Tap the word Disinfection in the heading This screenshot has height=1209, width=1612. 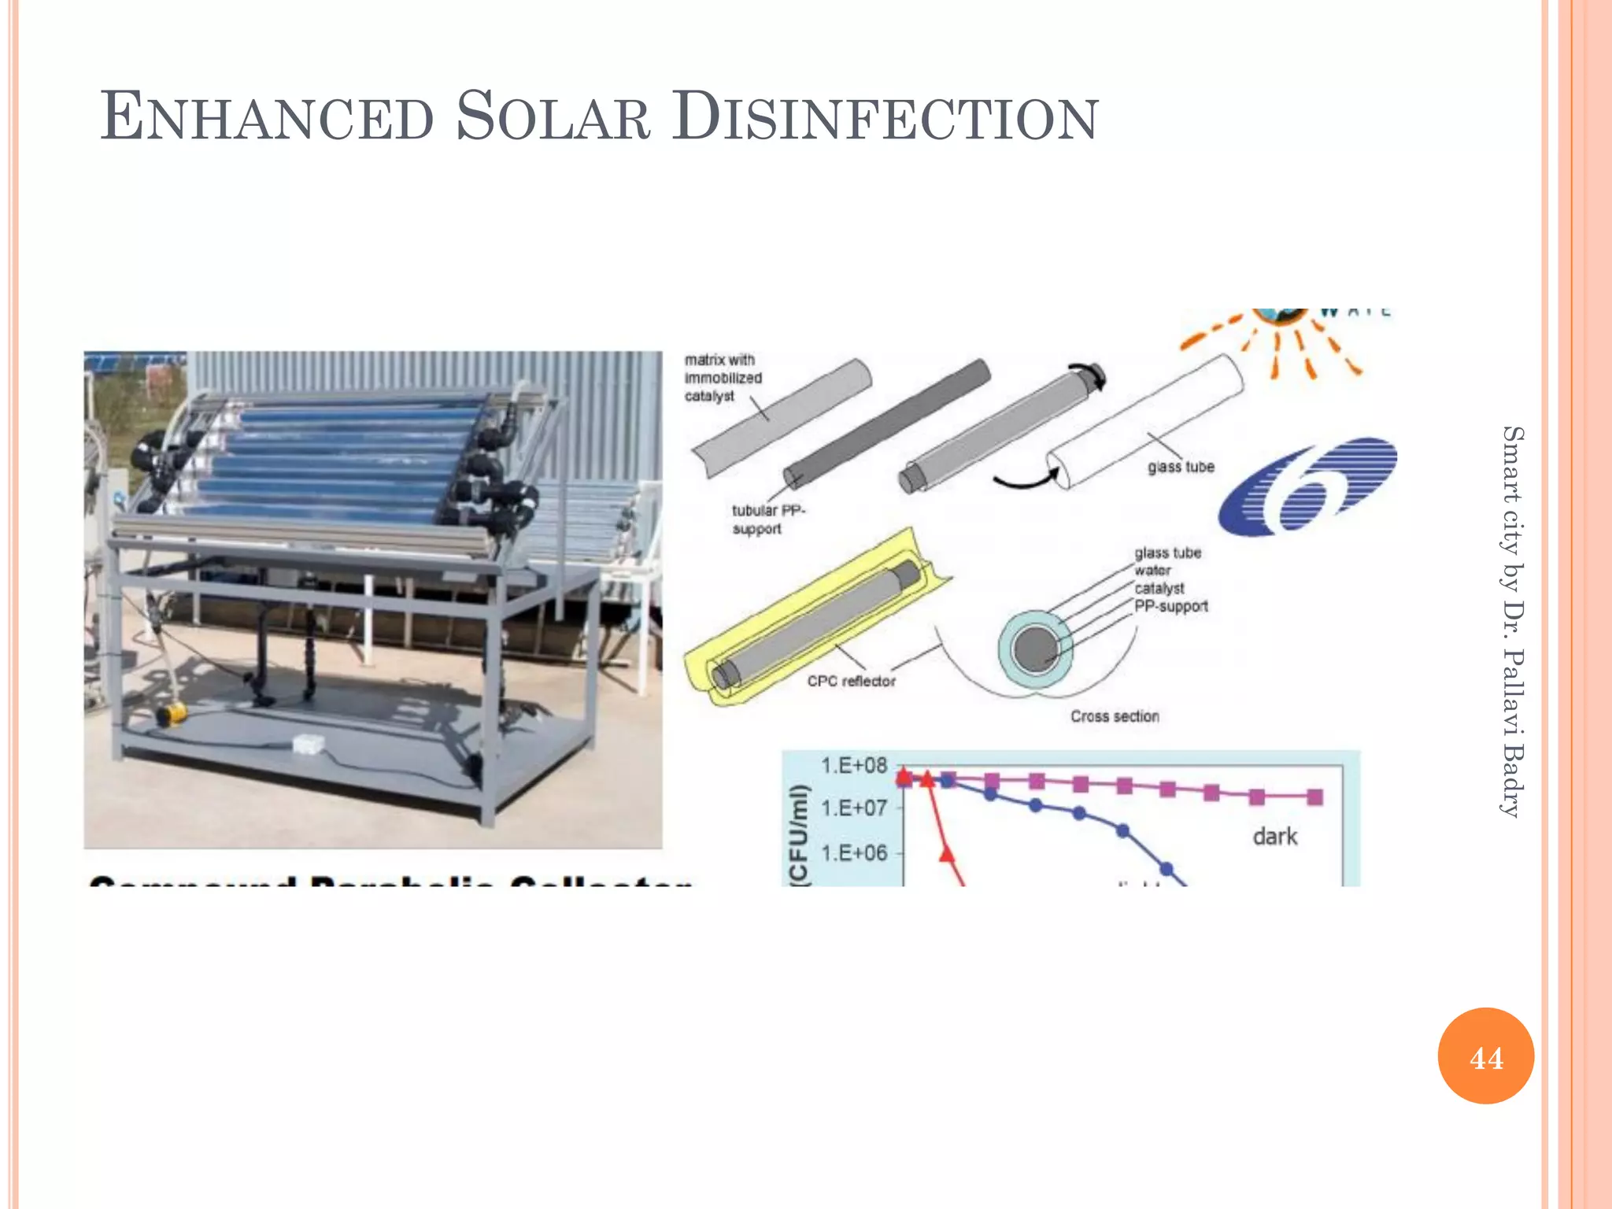(x=885, y=118)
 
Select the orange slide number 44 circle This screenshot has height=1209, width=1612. (x=1485, y=1056)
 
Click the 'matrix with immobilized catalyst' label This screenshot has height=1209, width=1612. (x=722, y=378)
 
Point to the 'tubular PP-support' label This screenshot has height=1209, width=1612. (x=767, y=519)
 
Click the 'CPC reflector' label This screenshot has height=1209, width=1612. (x=851, y=681)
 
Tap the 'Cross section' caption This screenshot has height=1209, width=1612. (x=1115, y=716)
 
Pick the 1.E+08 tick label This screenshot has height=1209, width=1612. (x=854, y=766)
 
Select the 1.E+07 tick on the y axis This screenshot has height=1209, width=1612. (x=854, y=808)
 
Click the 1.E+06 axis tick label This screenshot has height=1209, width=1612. (x=854, y=853)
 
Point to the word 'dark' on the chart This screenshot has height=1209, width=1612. (x=1274, y=836)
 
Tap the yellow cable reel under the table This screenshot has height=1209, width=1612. (x=171, y=714)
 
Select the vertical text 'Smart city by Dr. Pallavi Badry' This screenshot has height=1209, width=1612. (x=1512, y=622)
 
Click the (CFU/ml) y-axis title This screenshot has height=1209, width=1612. (x=799, y=834)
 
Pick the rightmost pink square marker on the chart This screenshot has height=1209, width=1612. (x=1314, y=797)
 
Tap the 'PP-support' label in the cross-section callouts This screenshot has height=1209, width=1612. (x=1171, y=606)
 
